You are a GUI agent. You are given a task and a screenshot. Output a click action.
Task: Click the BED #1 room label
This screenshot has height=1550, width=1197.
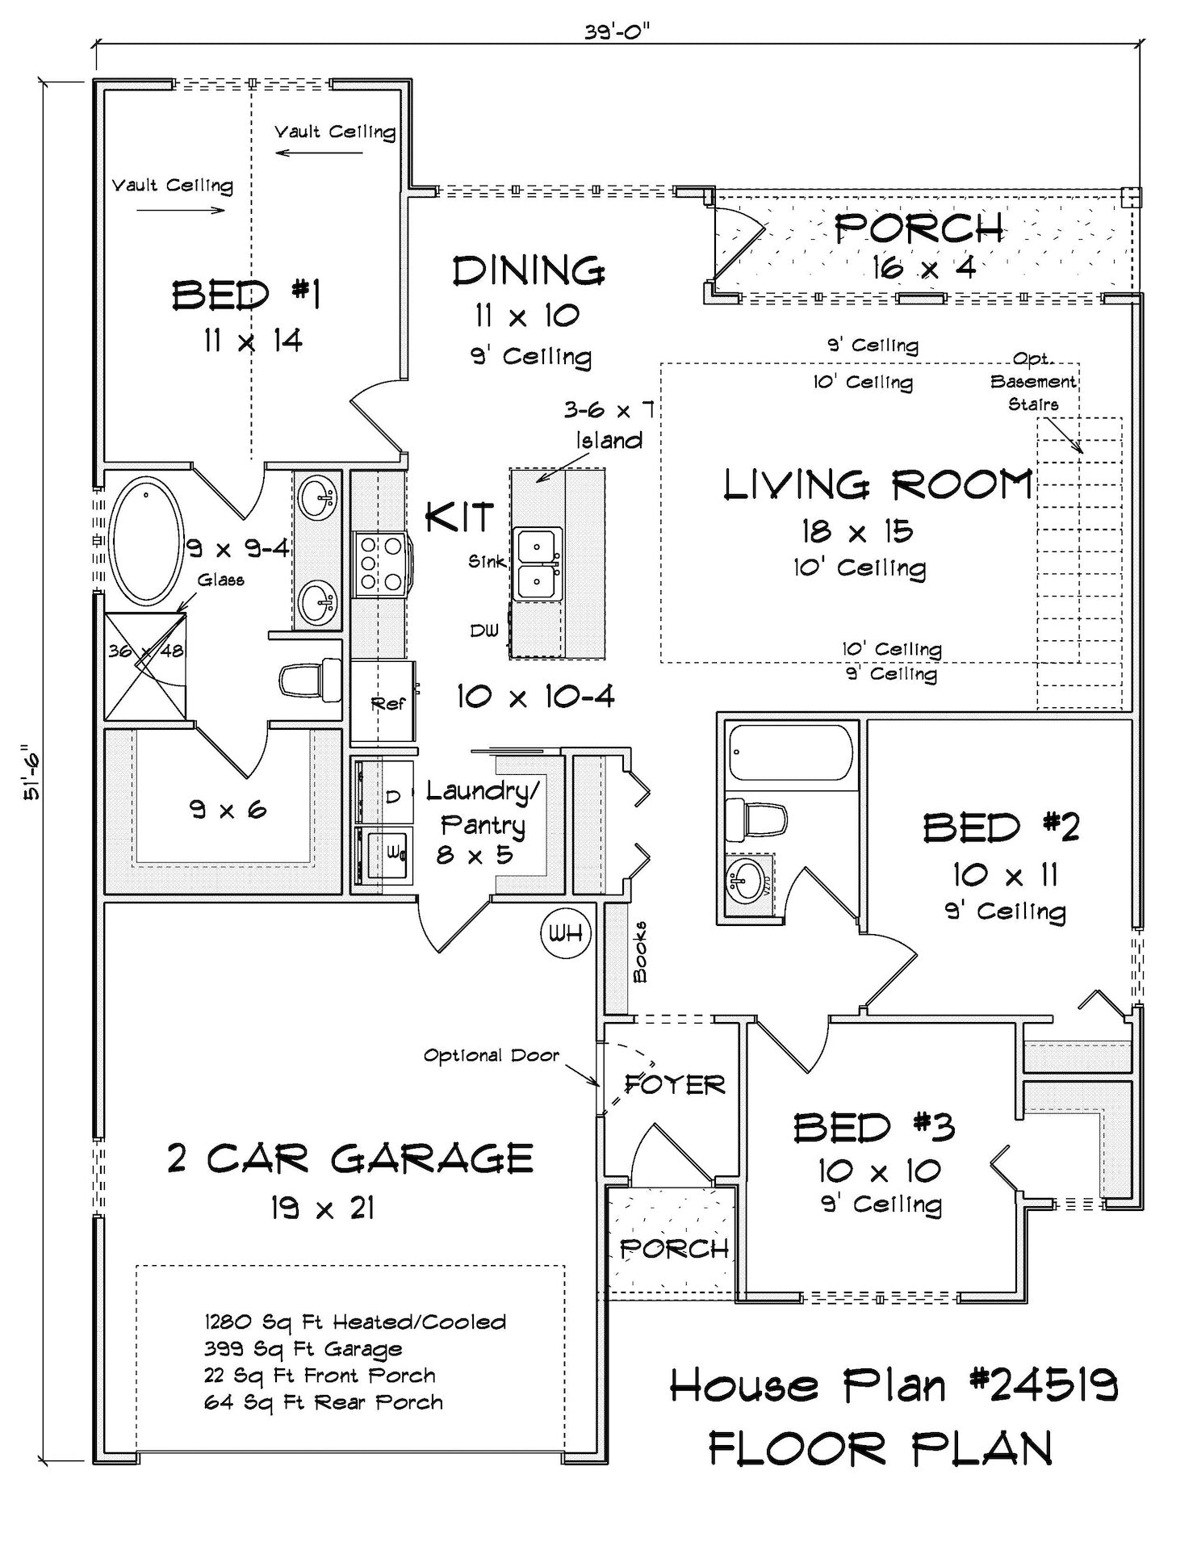tap(246, 295)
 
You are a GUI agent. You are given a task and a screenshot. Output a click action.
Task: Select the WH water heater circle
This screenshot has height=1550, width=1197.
tap(566, 933)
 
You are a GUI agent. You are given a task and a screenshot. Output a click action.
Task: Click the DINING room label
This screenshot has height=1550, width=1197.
tap(529, 271)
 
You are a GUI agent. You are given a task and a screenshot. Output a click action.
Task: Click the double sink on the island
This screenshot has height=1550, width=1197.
tap(536, 563)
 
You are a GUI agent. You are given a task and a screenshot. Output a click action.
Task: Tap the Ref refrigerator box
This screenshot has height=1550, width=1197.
tap(383, 702)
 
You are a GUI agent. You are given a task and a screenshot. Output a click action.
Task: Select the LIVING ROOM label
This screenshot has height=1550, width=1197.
tap(878, 484)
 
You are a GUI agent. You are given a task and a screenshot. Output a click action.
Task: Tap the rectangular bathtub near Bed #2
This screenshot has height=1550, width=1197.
tap(789, 752)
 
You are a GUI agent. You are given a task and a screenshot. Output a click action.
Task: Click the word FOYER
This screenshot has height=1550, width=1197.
tap(675, 1084)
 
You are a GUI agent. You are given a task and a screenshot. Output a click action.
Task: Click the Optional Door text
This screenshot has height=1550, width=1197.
tap(491, 1055)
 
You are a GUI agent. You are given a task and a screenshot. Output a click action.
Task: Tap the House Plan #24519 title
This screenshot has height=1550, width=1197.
tap(894, 1386)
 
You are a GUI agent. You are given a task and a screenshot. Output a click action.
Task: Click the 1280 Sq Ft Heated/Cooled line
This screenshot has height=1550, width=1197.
tap(355, 1322)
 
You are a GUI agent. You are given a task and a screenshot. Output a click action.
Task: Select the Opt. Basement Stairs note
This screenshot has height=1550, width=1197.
tap(1034, 381)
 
